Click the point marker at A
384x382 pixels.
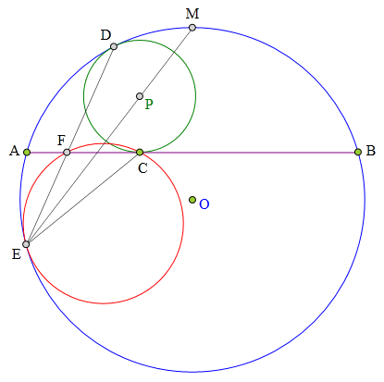click(x=27, y=152)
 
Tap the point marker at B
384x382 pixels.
click(x=358, y=152)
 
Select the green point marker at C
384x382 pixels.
click(x=140, y=152)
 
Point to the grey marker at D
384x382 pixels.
click(x=114, y=46)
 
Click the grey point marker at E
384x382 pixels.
click(x=26, y=244)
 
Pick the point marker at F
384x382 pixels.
click(x=67, y=152)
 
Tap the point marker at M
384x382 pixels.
click(x=192, y=28)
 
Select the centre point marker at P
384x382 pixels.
click(x=140, y=96)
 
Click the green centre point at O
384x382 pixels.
click(x=192, y=200)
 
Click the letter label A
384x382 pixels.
click(x=14, y=151)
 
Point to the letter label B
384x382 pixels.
click(x=370, y=151)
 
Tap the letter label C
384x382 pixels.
click(x=142, y=168)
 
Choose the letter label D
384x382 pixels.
click(x=105, y=35)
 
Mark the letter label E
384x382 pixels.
click(x=17, y=254)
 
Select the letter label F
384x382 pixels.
click(x=61, y=141)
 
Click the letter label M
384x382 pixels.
click(x=192, y=14)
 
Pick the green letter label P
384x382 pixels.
click(x=149, y=105)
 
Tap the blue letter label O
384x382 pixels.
click(x=204, y=204)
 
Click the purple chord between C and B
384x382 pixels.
click(x=249, y=153)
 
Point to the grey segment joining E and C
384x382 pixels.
click(x=83, y=198)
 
